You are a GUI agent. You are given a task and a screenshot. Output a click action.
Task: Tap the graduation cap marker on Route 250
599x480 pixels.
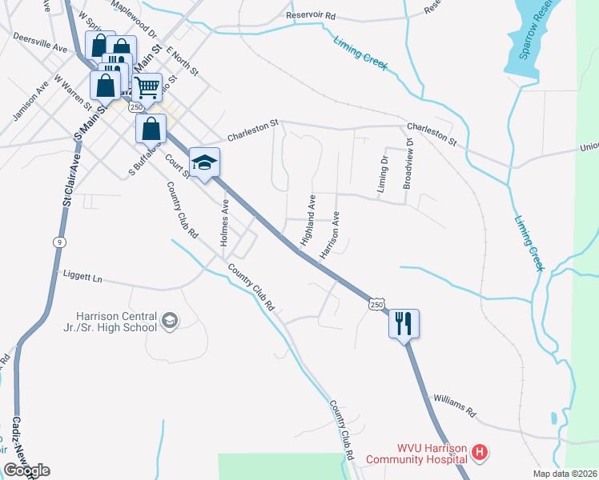[204, 162]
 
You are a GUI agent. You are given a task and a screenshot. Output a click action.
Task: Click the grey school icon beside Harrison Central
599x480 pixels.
[170, 321]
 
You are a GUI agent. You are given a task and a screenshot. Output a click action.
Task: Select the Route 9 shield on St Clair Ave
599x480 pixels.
[58, 241]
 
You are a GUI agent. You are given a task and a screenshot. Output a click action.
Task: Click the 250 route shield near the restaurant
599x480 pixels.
[377, 304]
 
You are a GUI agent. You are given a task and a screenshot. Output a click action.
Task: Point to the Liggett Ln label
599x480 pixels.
[82, 277]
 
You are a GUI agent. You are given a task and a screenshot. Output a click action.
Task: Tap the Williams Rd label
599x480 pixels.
[454, 406]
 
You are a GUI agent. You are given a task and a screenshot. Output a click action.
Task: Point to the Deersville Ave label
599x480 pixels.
[40, 42]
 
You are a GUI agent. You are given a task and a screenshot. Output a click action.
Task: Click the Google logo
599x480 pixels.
[26, 470]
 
